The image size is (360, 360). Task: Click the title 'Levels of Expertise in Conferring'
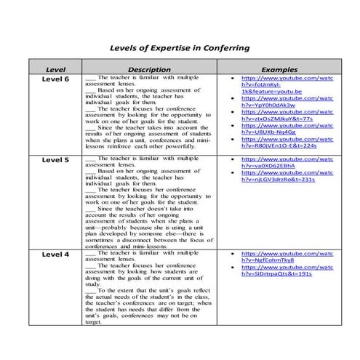[179, 48]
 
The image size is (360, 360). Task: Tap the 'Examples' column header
[279, 68]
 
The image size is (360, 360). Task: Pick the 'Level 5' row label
[56, 159]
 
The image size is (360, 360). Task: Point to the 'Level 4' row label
[56, 255]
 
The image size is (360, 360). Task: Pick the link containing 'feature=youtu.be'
[267, 92]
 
